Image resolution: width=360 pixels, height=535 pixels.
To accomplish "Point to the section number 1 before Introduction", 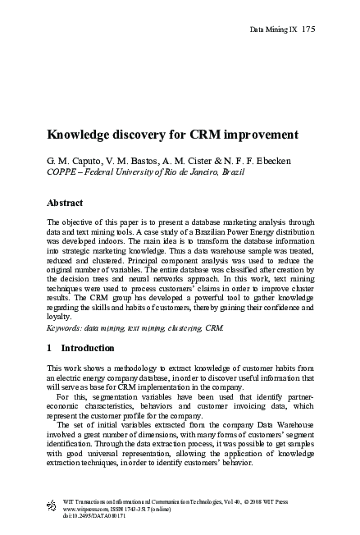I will tap(51, 348).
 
